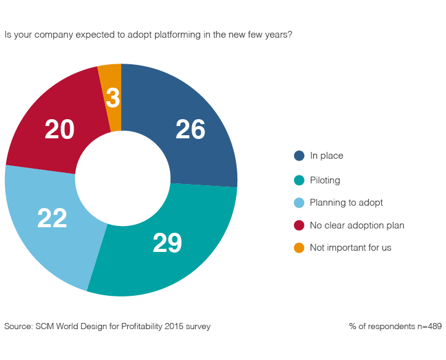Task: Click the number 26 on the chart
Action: coord(190,130)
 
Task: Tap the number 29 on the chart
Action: coord(167,243)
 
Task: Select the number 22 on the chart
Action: coord(52,218)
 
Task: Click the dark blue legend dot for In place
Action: coord(299,156)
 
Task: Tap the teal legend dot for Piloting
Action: coord(299,180)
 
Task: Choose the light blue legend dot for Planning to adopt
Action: coord(299,203)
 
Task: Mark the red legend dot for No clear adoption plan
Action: coord(299,225)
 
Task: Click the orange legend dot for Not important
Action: coord(299,248)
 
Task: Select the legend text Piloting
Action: coord(325,180)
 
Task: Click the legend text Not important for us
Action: coord(350,248)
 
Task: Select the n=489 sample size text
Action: coord(426,326)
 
